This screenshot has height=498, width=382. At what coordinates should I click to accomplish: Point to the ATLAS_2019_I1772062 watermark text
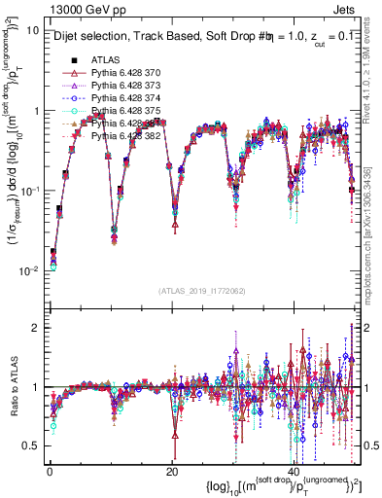tap(202, 290)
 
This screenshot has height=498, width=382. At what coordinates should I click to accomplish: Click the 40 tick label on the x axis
tap(295, 468)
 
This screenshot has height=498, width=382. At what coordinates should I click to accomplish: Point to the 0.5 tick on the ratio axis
tap(31, 445)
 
